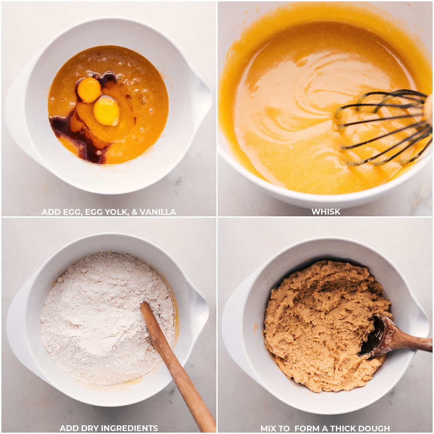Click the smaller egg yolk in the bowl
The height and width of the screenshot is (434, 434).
(x=89, y=90)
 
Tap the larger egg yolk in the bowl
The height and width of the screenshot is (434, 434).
(x=106, y=111)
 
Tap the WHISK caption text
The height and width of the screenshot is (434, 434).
(x=326, y=212)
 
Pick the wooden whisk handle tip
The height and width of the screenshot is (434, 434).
(x=429, y=109)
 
